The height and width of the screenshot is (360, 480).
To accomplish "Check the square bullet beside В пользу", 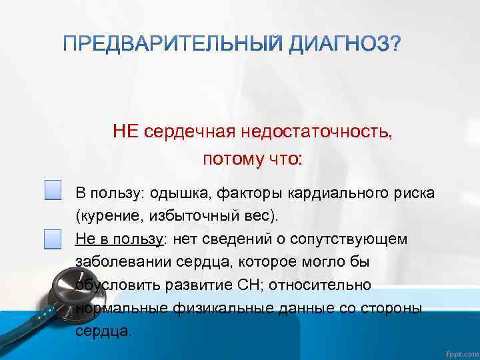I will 53,190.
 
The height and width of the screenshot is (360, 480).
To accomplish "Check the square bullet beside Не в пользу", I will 53,238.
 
